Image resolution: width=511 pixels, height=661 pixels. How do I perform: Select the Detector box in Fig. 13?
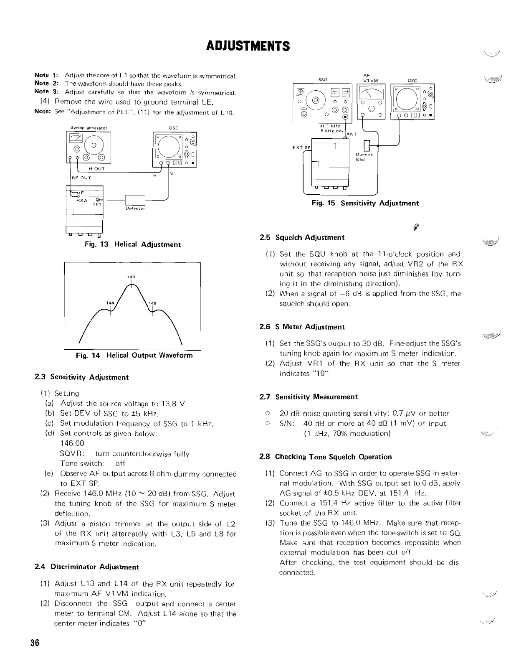click(135, 201)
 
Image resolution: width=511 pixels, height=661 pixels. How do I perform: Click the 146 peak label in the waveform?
click(132, 277)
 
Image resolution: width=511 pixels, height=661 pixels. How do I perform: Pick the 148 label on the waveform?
click(152, 303)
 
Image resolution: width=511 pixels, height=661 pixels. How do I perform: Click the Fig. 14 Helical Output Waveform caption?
click(134, 356)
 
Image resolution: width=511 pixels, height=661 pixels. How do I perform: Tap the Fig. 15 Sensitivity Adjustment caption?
click(365, 203)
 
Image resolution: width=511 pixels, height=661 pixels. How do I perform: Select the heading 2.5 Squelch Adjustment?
click(302, 237)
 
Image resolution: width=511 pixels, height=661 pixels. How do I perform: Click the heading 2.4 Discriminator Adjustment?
click(86, 567)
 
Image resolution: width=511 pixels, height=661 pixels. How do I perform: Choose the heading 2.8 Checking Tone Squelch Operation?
click(326, 457)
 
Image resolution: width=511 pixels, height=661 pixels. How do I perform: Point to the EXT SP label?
click(301, 147)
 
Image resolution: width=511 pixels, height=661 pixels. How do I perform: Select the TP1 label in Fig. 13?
click(97, 205)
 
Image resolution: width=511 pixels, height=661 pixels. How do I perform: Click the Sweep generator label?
click(89, 128)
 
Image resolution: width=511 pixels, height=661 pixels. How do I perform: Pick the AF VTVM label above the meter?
click(370, 78)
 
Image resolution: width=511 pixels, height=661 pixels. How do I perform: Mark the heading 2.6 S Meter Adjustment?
click(302, 327)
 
